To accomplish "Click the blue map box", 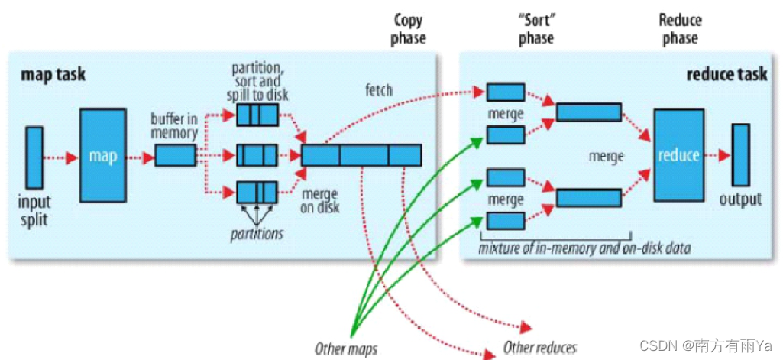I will click(103, 155).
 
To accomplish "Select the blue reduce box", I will click(678, 155).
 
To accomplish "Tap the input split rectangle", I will click(34, 157).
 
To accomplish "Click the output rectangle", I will click(741, 154).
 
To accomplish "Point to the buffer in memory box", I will click(176, 155).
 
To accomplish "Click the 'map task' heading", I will click(53, 74).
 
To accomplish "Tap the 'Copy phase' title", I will click(409, 29).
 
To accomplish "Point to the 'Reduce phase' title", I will click(680, 29).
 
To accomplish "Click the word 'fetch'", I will click(378, 90).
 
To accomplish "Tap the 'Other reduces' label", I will click(539, 349).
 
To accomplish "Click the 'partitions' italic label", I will click(257, 233).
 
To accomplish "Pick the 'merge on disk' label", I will click(319, 200).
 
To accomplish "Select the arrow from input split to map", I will click(60, 157).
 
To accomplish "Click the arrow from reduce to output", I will click(717, 155).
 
